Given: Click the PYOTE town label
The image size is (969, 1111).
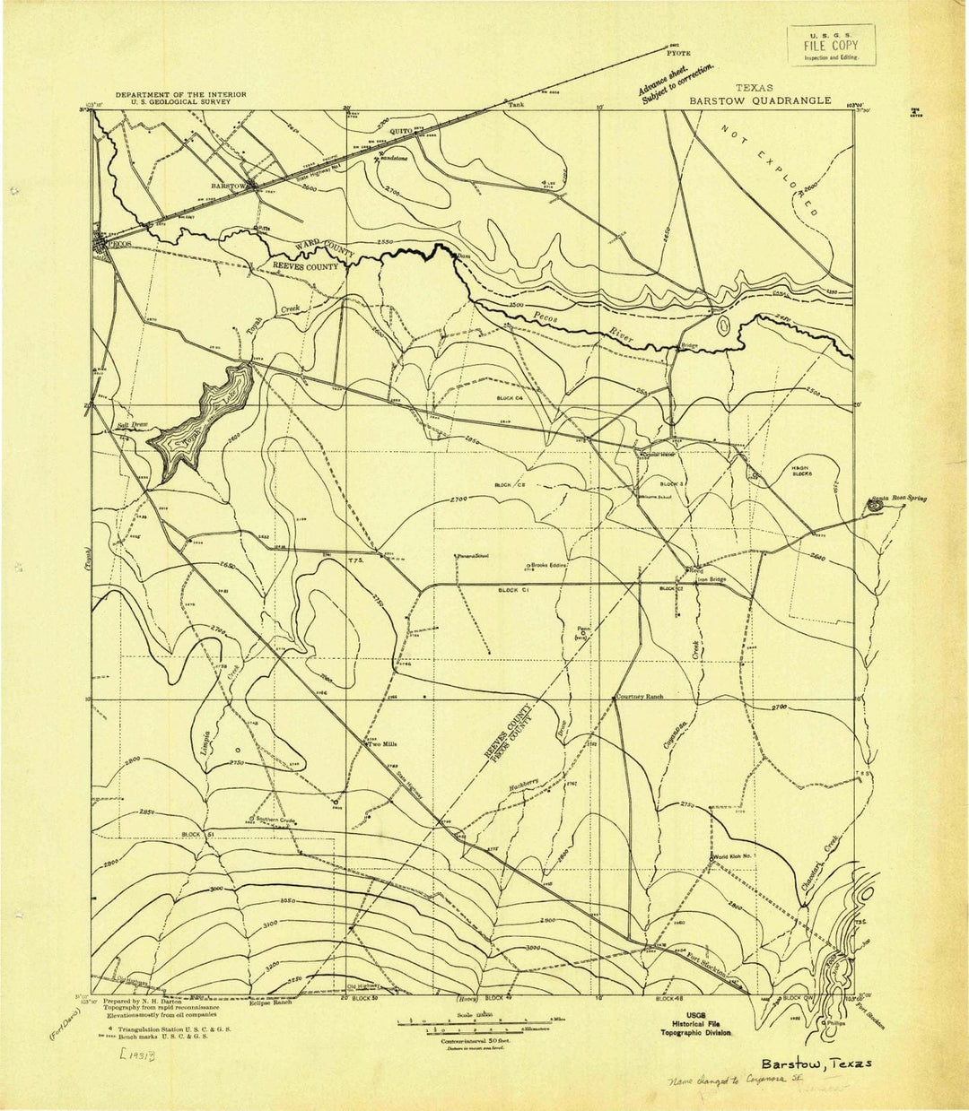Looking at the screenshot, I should tap(677, 53).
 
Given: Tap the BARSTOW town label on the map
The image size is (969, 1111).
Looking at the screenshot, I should tap(228, 186).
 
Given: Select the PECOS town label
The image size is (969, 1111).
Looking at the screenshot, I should tap(120, 243).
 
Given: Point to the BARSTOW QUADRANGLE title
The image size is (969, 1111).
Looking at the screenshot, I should tap(760, 101).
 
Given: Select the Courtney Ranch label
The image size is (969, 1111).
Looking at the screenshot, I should tap(641, 696).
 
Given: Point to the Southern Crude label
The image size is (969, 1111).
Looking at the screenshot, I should tap(276, 820).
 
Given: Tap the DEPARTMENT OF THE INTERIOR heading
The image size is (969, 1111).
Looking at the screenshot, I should tap(179, 94).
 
